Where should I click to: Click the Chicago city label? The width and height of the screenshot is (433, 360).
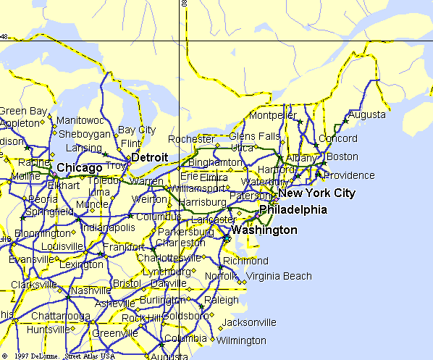pos(79,168)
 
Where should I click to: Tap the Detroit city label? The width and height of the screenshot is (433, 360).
pos(150,157)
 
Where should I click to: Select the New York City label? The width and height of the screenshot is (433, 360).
pos(317,193)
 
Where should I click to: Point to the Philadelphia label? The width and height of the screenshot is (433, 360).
pos(293,210)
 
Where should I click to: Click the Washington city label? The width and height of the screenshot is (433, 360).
pos(264,230)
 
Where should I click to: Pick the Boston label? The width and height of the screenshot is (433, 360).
pos(342,156)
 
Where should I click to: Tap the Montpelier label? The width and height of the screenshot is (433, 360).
pos(273,116)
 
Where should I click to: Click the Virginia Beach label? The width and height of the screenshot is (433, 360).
pos(279,276)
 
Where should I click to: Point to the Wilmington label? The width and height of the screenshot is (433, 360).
pos(241,340)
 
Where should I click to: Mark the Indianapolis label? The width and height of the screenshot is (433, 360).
pos(109,227)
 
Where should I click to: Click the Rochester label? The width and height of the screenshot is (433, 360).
pos(190,139)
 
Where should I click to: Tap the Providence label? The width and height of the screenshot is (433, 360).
pos(350,175)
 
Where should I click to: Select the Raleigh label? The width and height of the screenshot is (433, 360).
pos(222,300)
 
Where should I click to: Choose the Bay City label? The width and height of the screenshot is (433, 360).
pos(137,130)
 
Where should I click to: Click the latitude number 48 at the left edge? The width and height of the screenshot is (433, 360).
pos(4,36)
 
